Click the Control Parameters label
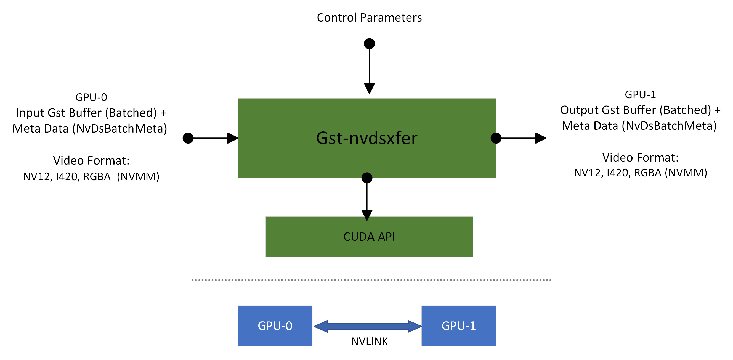pos(369,18)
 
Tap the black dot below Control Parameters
pos(369,44)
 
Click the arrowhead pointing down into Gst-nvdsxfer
pos(369,88)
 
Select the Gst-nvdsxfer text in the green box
pos(366,138)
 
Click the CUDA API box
pos(369,237)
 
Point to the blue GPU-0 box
pos(275,326)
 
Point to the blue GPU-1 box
pos(458,326)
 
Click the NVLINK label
pos(369,342)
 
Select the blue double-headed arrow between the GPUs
pos(367,326)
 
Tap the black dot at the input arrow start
pos(188,138)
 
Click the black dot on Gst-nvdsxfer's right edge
pos(496,138)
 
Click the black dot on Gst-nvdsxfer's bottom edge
pos(366,178)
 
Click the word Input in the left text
pos(30,113)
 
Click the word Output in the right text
pos(579,110)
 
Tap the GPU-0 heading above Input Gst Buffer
pos(91,97)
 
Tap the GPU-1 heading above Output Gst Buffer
pos(640,94)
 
